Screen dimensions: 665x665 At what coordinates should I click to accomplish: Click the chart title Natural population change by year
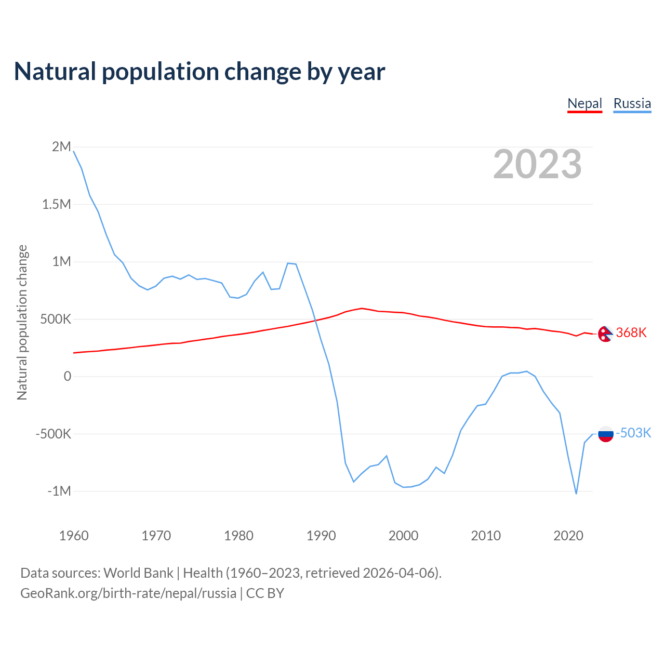click(x=199, y=72)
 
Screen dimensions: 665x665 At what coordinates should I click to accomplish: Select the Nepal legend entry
click(x=584, y=103)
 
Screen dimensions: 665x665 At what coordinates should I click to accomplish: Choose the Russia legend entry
click(x=632, y=103)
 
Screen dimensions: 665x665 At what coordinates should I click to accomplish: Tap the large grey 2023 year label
click(x=537, y=164)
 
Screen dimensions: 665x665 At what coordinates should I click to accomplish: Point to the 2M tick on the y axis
click(x=61, y=147)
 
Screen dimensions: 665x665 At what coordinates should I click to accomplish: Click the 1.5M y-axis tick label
click(x=56, y=204)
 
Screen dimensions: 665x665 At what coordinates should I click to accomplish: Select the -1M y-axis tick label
click(x=59, y=491)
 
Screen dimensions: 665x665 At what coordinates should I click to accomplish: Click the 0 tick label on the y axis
click(x=67, y=376)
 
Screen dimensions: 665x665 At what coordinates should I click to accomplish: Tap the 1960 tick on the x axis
click(x=74, y=536)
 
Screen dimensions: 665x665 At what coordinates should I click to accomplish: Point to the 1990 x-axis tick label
click(x=321, y=536)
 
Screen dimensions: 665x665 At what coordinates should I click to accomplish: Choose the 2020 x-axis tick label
click(x=568, y=536)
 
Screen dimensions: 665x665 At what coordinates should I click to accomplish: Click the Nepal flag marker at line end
click(x=605, y=334)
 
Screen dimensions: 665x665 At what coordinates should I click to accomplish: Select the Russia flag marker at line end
click(x=606, y=433)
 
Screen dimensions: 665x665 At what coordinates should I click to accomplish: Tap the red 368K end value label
click(x=631, y=332)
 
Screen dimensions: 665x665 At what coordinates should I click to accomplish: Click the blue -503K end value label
click(x=633, y=433)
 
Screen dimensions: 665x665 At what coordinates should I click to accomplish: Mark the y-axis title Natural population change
click(x=22, y=323)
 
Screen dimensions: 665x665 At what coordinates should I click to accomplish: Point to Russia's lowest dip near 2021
click(x=576, y=493)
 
